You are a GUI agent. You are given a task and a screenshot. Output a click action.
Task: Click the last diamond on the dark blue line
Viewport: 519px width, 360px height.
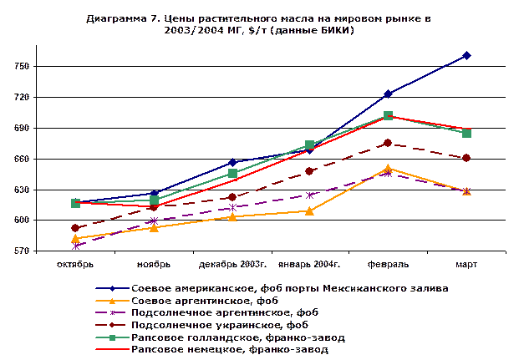pyautogui.click(x=466, y=56)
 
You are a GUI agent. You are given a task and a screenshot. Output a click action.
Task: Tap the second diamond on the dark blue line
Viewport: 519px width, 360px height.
pyautogui.click(x=154, y=194)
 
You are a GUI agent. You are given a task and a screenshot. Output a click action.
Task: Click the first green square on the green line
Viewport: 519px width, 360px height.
pyautogui.click(x=76, y=203)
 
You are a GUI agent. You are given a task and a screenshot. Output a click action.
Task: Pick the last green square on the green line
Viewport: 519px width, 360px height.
pyautogui.click(x=466, y=133)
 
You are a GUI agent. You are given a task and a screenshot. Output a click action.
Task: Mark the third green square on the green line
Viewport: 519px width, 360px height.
pyautogui.click(x=232, y=173)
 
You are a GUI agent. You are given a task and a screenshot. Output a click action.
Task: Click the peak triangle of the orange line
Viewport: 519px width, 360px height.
pyautogui.click(x=388, y=169)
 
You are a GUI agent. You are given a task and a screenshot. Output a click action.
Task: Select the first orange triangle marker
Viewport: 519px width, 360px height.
pyautogui.click(x=76, y=238)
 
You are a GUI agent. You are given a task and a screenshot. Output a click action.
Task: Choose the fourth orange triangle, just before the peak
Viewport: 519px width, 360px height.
pyautogui.click(x=310, y=211)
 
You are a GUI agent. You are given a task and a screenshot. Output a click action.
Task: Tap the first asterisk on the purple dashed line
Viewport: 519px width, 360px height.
pyautogui.click(x=76, y=246)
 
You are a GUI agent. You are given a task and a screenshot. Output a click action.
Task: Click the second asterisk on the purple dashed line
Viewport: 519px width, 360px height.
pyautogui.click(x=154, y=221)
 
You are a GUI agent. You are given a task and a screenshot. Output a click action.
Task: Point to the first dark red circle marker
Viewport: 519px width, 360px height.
pyautogui.click(x=76, y=228)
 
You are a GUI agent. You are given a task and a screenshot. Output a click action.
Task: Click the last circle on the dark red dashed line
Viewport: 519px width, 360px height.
pyautogui.click(x=466, y=158)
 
